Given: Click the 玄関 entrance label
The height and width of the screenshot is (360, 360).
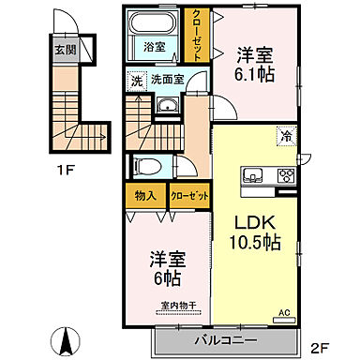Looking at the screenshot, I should click(x=60, y=50).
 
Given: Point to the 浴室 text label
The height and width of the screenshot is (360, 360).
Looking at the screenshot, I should click(x=154, y=45).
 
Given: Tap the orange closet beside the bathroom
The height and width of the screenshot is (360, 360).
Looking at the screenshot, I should click(x=198, y=35).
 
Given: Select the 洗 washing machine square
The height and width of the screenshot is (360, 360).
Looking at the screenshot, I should click(x=136, y=82).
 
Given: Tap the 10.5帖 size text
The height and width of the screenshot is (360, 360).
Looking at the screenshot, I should click(x=251, y=246).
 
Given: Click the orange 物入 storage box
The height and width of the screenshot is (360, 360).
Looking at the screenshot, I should click(x=145, y=197).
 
